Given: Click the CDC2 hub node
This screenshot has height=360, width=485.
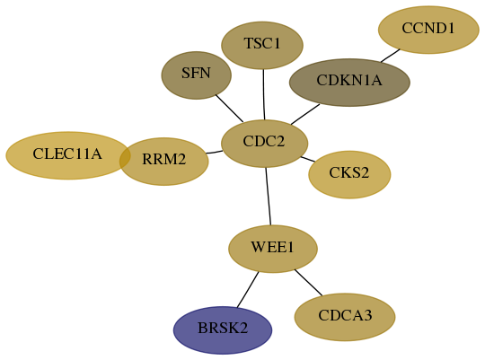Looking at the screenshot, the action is click(x=264, y=144).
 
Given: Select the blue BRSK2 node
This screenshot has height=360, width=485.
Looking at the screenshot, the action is click(x=223, y=330).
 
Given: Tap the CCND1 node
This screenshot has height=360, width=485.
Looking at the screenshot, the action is click(x=428, y=30).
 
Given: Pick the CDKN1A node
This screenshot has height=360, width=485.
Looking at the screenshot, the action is click(x=349, y=83).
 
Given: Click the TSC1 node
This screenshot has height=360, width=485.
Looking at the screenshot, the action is click(x=262, y=45).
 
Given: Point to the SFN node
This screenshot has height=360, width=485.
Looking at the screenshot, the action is click(x=196, y=75).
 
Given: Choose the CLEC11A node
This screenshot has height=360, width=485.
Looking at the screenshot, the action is click(x=67, y=155).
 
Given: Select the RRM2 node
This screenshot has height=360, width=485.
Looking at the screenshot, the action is click(x=164, y=162).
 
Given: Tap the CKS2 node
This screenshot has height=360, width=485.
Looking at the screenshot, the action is click(x=349, y=175).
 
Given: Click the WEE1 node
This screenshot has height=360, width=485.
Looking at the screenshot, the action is click(x=273, y=249).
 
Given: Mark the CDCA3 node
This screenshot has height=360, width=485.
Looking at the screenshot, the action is click(x=345, y=317).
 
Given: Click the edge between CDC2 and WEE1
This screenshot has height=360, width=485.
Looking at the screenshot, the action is click(x=269, y=197).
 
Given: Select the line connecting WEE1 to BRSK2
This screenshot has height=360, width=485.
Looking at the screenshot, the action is click(x=248, y=290).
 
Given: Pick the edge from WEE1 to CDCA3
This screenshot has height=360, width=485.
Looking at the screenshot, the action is click(x=308, y=283).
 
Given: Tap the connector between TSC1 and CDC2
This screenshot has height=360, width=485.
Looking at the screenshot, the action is click(x=263, y=94).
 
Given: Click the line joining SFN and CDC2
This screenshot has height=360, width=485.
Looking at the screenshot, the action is click(x=229, y=109).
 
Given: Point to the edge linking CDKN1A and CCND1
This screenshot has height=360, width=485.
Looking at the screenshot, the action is click(x=391, y=56).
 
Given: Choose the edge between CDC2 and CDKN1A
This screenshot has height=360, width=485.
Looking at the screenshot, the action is click(x=305, y=114).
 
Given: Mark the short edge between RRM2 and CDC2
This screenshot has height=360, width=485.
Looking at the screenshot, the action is click(x=214, y=152).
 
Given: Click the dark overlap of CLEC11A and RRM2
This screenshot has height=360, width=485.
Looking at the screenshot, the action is click(x=125, y=157).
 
